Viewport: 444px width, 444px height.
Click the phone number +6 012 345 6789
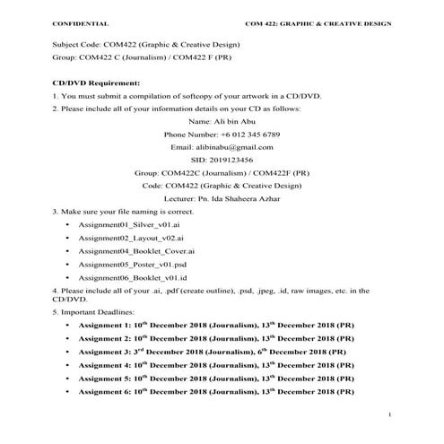[x=222, y=133]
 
